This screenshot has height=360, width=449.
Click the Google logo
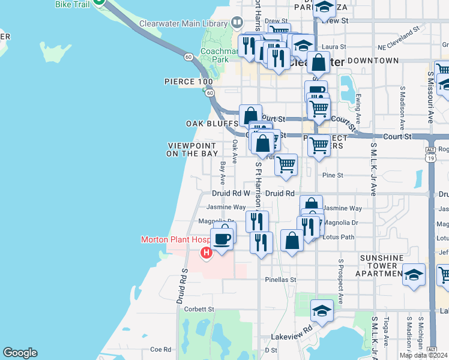20,353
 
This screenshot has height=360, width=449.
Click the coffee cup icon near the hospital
223,238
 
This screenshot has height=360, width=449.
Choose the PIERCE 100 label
188,82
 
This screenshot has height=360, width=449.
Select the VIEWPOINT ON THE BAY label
192,149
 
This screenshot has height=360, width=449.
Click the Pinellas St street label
281,280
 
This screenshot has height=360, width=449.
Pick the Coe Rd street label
160,349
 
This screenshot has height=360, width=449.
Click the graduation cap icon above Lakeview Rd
322,311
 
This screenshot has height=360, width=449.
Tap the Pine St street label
332,175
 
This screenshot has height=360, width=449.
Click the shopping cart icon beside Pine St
286,164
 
